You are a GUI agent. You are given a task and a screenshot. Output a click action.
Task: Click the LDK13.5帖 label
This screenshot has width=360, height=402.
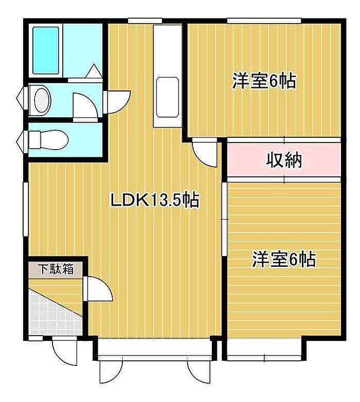[x=155, y=200]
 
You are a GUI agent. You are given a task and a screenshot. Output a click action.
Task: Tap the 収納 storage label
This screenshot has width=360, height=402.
[x=283, y=160]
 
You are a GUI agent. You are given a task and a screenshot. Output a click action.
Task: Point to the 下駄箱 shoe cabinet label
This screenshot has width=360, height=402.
[x=56, y=269]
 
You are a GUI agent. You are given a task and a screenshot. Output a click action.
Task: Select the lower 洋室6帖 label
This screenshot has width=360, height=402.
[x=283, y=259]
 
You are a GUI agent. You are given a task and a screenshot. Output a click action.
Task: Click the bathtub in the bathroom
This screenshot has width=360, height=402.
[x=46, y=50]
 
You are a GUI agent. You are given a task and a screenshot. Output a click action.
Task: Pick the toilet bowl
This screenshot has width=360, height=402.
[x=48, y=140]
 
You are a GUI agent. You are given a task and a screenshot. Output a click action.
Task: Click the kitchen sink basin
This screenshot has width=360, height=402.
[x=167, y=97]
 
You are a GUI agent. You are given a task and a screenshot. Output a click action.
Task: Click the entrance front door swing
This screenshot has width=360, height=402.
[x=64, y=352]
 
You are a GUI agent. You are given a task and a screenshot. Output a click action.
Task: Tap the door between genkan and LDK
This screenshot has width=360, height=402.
[x=98, y=288]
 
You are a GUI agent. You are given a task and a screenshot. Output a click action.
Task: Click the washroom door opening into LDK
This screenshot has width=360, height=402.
[x=117, y=102]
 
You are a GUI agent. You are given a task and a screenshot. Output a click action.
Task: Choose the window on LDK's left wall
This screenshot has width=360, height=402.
[x=26, y=209]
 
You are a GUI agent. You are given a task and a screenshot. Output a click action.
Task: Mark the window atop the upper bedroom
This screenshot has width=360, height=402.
[x=264, y=21]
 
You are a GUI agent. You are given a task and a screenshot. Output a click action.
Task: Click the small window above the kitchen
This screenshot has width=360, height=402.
[x=145, y=21]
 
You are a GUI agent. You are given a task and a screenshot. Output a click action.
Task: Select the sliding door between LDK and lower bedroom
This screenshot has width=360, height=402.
[x=225, y=219]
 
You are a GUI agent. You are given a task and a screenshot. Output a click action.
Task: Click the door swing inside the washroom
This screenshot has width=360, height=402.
[x=85, y=107]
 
